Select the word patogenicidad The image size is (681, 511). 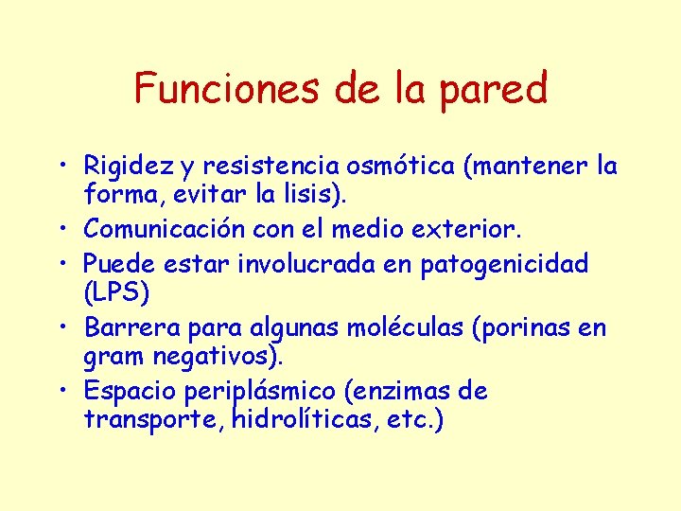tap(510, 263)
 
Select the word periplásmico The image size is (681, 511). tap(268, 392)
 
